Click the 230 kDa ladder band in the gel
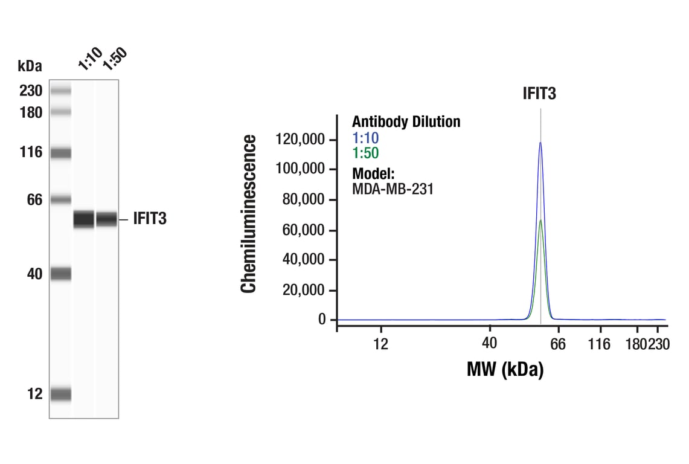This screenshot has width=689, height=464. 60,91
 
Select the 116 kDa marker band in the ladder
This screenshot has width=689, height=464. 60,153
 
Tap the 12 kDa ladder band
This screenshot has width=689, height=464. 60,395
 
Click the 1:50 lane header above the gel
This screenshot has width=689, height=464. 114,58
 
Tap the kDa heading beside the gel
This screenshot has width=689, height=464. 30,66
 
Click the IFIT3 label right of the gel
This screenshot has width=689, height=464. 150,219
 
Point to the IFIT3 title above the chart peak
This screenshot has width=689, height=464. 539,94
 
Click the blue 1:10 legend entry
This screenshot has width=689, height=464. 365,138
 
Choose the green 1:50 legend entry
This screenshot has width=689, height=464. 365,153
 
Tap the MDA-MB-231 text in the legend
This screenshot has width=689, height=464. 393,188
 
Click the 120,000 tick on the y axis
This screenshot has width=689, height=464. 301,140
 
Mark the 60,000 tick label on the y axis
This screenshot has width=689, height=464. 304,230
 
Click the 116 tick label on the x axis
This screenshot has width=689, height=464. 599,344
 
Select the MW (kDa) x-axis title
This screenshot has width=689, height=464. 505,369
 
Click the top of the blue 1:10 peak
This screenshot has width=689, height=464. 540,143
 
